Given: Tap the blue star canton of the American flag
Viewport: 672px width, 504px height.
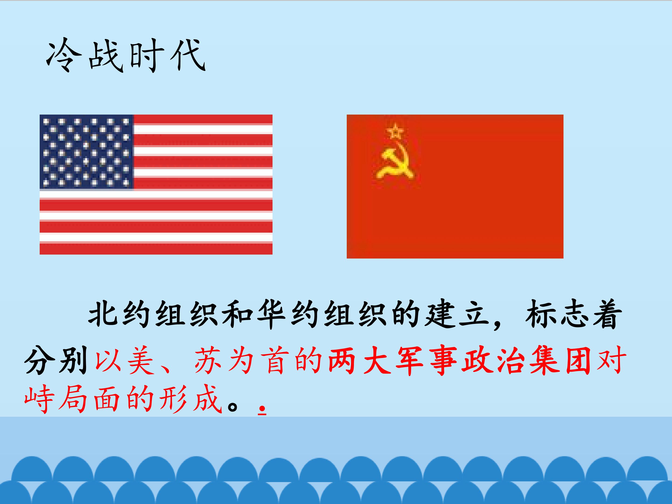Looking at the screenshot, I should tap(87, 152).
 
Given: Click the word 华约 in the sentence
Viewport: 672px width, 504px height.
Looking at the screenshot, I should tap(289, 315).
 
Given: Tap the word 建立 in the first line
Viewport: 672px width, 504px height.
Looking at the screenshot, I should tap(457, 315).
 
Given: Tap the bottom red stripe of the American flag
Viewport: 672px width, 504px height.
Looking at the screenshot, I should tap(156, 249).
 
